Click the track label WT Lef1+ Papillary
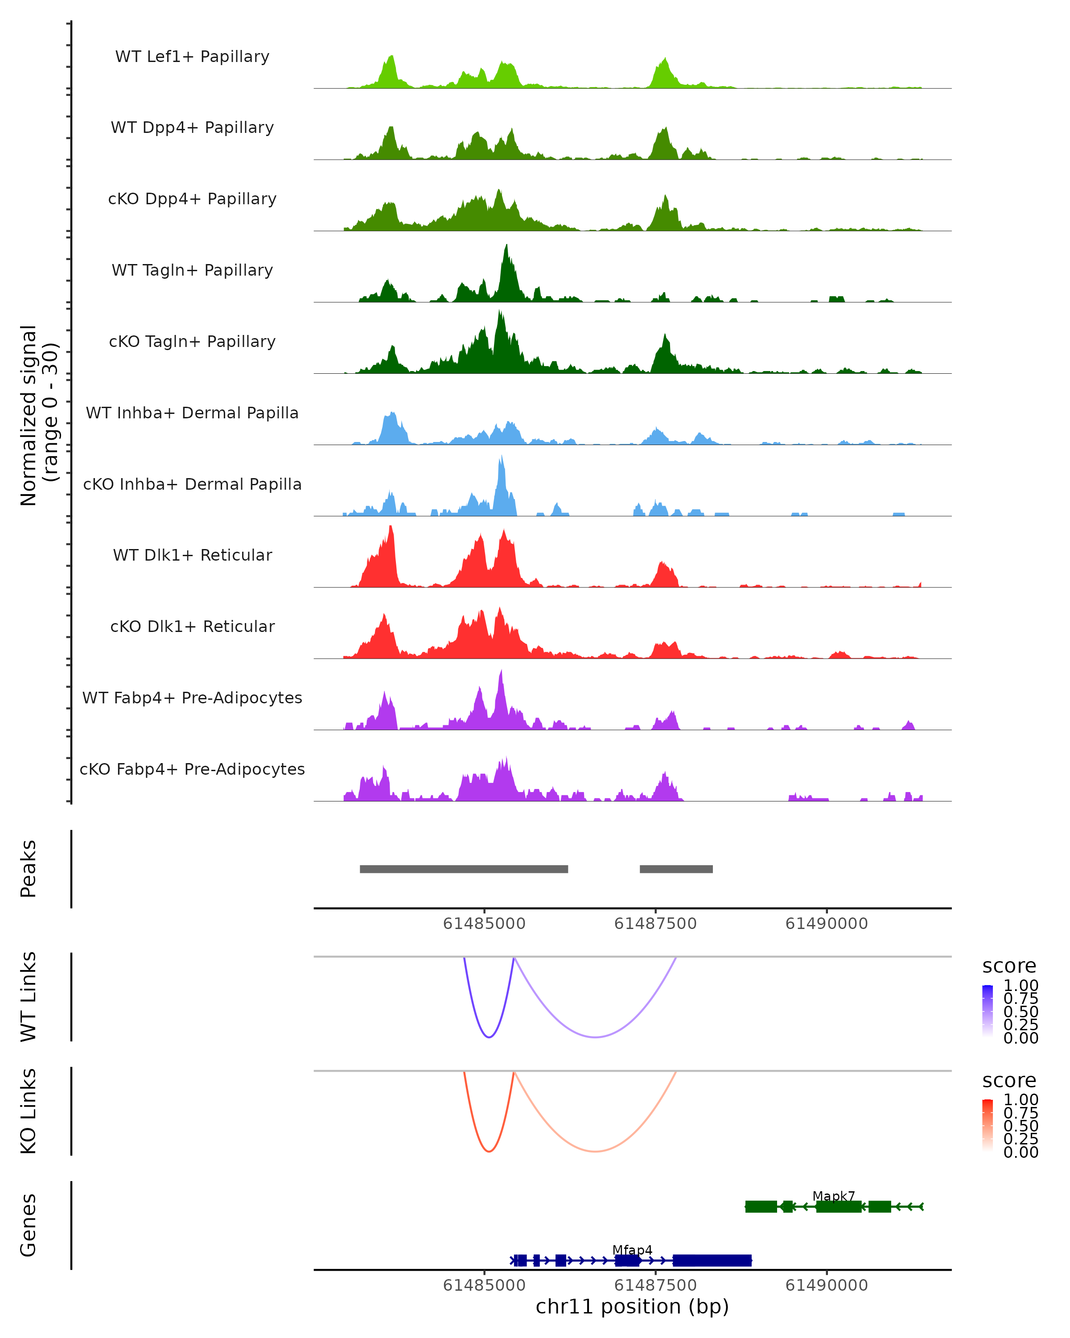pos(192,57)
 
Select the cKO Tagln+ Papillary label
pos(192,341)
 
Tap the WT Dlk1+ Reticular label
pos(192,555)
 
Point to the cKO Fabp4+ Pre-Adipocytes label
pos(192,769)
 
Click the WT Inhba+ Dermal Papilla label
pos(192,413)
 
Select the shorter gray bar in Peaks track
pos(676,869)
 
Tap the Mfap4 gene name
pos(632,1250)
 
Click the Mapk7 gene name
pos(834,1196)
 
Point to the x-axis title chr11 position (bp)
pos(632,1306)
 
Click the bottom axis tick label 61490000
pos(826,1285)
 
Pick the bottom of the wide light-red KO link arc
pos(595,1151)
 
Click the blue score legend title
pos(1008,966)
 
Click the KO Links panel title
pos(28,1111)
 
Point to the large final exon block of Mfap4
pos(712,1260)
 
